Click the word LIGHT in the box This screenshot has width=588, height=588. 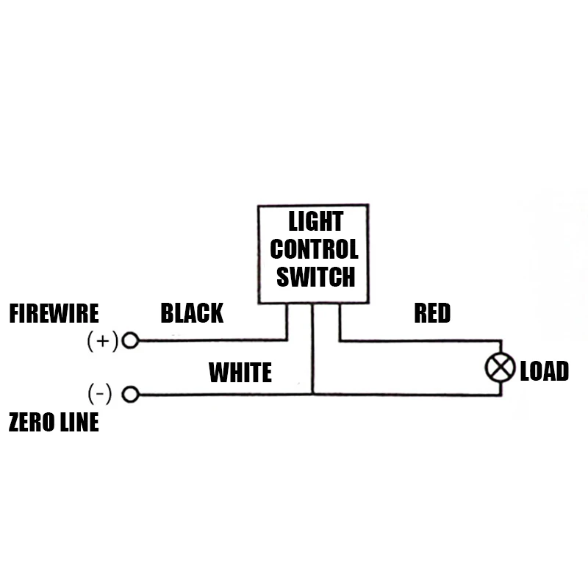coord(315,221)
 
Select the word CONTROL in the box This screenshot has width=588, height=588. coord(314,249)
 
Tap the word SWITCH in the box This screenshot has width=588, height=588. coord(315,277)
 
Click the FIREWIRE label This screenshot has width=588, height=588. coord(54,314)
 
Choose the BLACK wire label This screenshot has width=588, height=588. coord(192,314)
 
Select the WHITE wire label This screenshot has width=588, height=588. coord(240,373)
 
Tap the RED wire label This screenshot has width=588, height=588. coord(432,314)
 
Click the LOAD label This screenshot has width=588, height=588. coord(544,371)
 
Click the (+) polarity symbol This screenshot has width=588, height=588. coord(102,341)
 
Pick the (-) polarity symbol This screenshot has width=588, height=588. coord(100,395)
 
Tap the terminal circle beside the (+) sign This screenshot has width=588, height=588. coord(130,340)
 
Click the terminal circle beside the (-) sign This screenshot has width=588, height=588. coord(130,395)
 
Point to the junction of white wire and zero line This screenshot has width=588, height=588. coord(312,395)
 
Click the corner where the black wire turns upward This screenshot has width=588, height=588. coord(286,340)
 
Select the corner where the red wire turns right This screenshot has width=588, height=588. coord(340,340)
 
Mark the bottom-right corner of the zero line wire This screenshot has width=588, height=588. coord(501,395)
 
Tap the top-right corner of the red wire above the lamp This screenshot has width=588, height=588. coord(501,340)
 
